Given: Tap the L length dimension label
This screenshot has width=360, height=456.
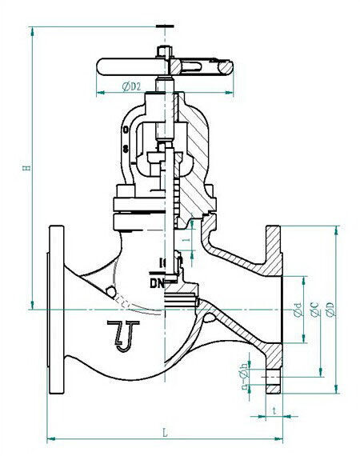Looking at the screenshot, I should coord(165,432).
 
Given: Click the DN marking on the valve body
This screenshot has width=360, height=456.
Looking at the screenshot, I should coord(156,283).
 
